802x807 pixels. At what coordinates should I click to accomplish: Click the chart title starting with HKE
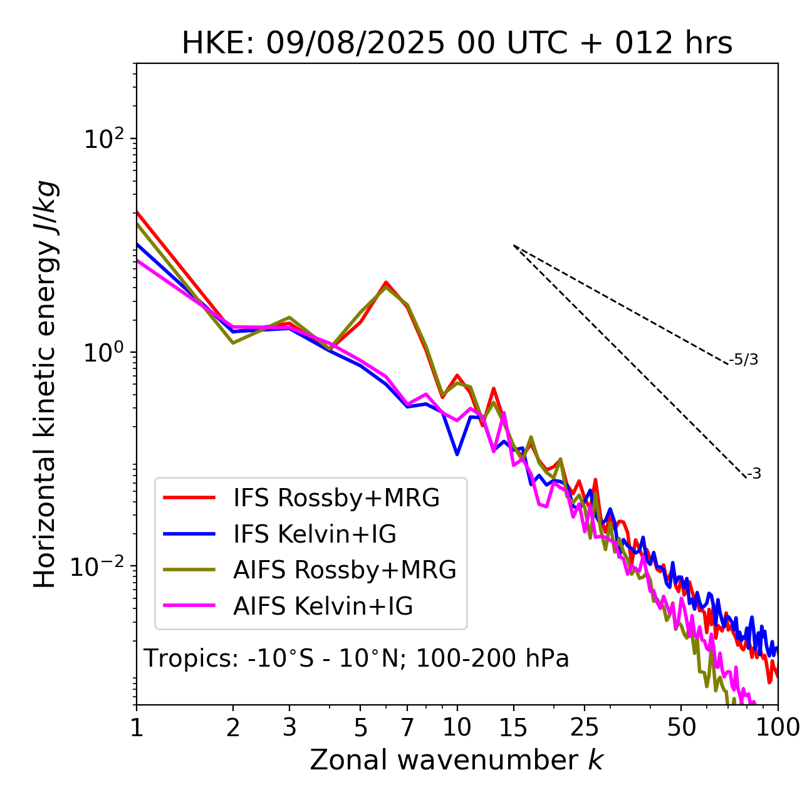[x=457, y=44]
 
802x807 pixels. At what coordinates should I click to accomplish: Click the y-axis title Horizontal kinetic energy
[x=45, y=384]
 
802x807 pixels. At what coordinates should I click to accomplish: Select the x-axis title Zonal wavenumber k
[x=456, y=760]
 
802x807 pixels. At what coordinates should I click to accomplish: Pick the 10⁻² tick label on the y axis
[x=100, y=567]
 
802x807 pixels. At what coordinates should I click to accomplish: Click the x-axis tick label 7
[x=407, y=727]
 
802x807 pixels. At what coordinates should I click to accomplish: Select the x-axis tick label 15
[x=513, y=727]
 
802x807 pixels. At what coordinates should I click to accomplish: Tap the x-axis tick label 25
[x=585, y=727]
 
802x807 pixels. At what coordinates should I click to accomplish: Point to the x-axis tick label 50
[x=681, y=727]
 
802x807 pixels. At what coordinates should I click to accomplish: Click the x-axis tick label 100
[x=777, y=727]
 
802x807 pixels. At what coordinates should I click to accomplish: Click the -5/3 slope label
[x=744, y=360]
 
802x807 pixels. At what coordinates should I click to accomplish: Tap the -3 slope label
[x=754, y=474]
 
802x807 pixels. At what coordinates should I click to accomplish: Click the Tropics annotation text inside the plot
[x=357, y=659]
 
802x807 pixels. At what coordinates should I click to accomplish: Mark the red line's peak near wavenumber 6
[x=386, y=283]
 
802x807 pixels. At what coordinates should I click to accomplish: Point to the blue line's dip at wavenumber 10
[x=457, y=454]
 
